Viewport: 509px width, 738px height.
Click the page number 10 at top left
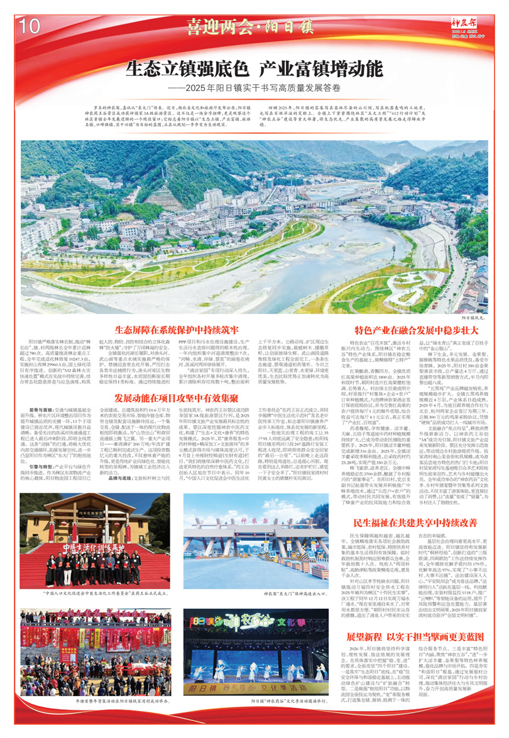30,26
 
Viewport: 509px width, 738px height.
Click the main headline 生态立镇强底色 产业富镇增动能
255,67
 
